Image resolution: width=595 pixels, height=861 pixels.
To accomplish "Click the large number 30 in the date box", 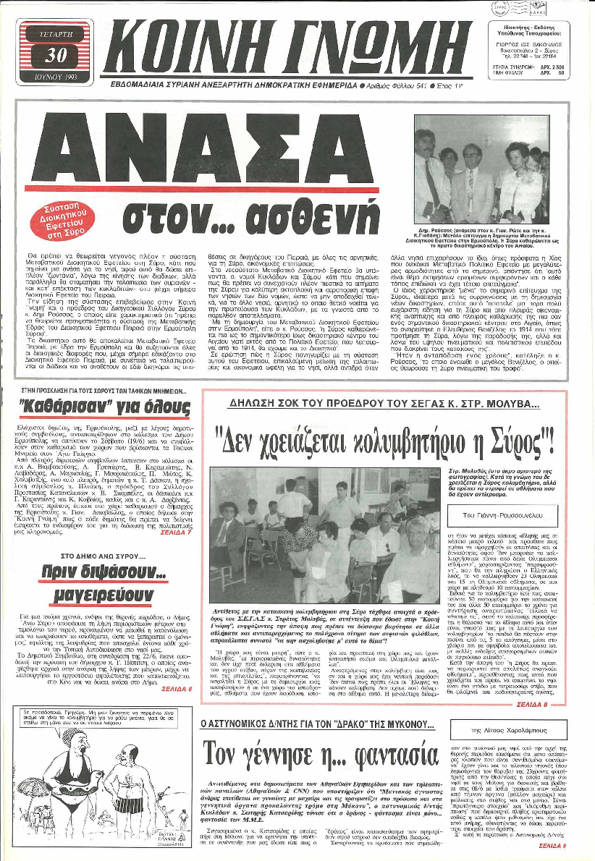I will tap(55, 55).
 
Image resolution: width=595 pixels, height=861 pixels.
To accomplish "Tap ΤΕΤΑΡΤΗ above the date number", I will tap(55, 33).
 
